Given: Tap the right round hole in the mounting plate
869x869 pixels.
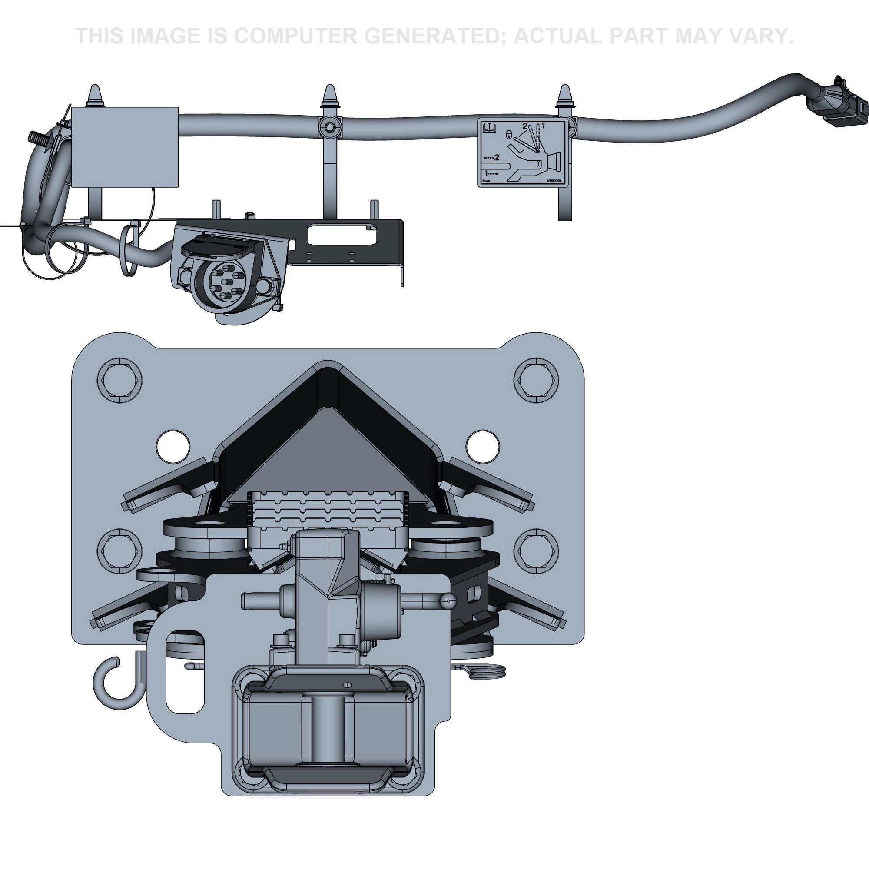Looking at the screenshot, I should (483, 447).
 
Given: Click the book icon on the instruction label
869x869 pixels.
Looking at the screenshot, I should (489, 129).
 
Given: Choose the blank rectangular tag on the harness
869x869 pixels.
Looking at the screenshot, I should (125, 147).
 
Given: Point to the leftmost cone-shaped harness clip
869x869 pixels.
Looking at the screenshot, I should (95, 96).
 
